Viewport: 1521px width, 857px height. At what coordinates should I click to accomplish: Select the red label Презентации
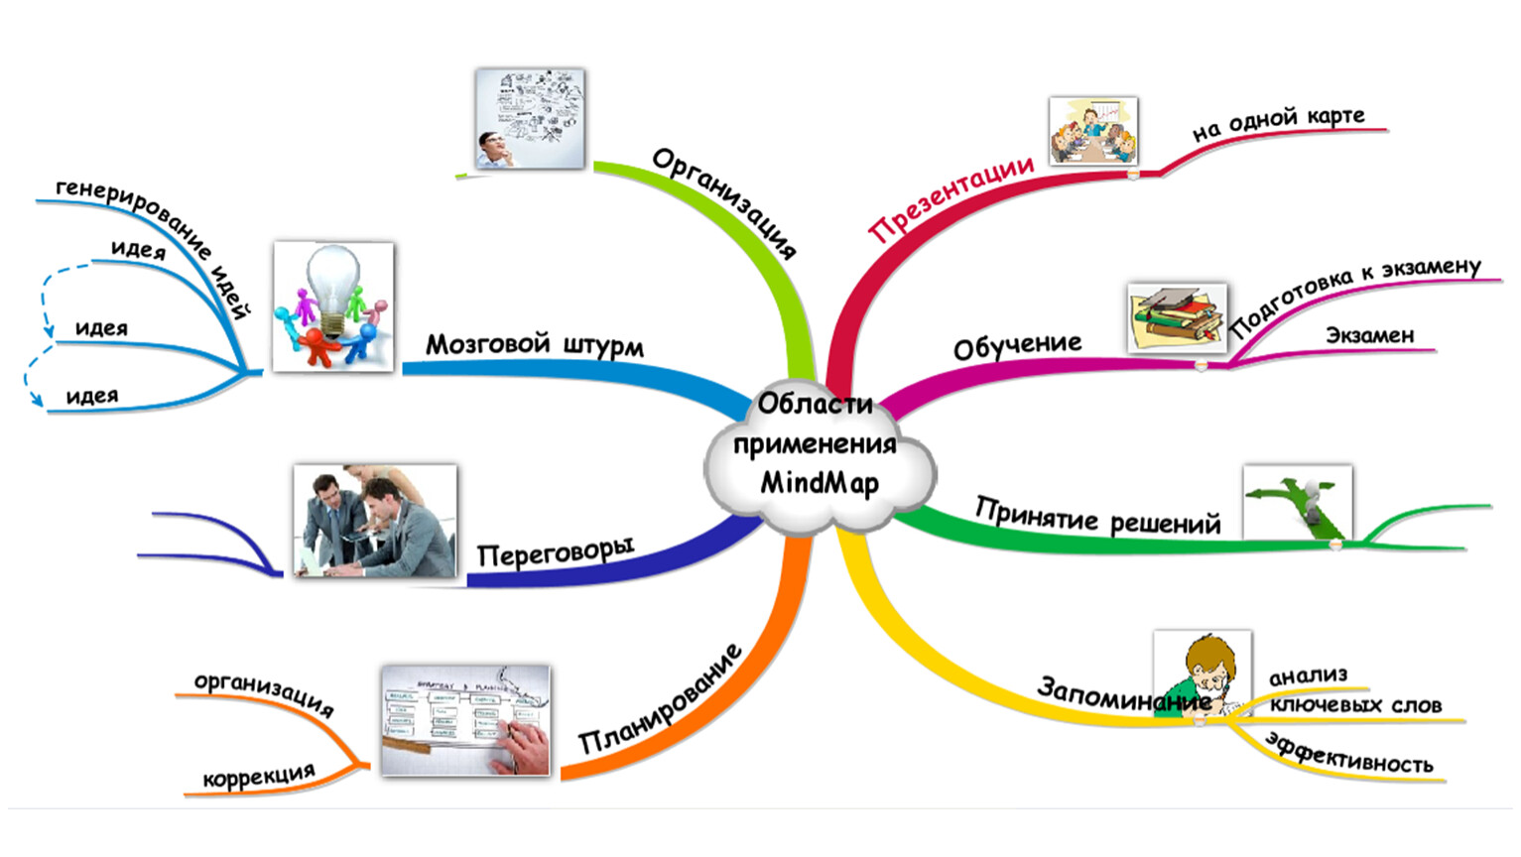[951, 199]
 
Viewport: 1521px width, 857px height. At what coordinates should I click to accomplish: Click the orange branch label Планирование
[660, 698]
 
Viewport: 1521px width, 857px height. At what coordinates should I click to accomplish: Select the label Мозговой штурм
[535, 345]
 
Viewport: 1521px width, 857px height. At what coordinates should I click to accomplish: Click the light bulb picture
[332, 306]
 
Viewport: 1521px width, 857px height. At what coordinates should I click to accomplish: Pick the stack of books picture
[1178, 317]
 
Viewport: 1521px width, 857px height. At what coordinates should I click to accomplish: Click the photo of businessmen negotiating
[375, 521]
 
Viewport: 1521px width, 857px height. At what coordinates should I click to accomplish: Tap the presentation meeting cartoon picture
[1093, 131]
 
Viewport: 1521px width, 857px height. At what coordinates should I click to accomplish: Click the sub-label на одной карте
[1278, 124]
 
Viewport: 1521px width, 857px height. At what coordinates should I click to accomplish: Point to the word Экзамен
[1370, 335]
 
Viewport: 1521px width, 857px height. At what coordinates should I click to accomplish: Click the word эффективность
[1349, 754]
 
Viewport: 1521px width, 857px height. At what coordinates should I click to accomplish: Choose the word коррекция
[259, 775]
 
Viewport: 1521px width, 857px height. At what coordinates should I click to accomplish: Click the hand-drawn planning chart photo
[465, 720]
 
